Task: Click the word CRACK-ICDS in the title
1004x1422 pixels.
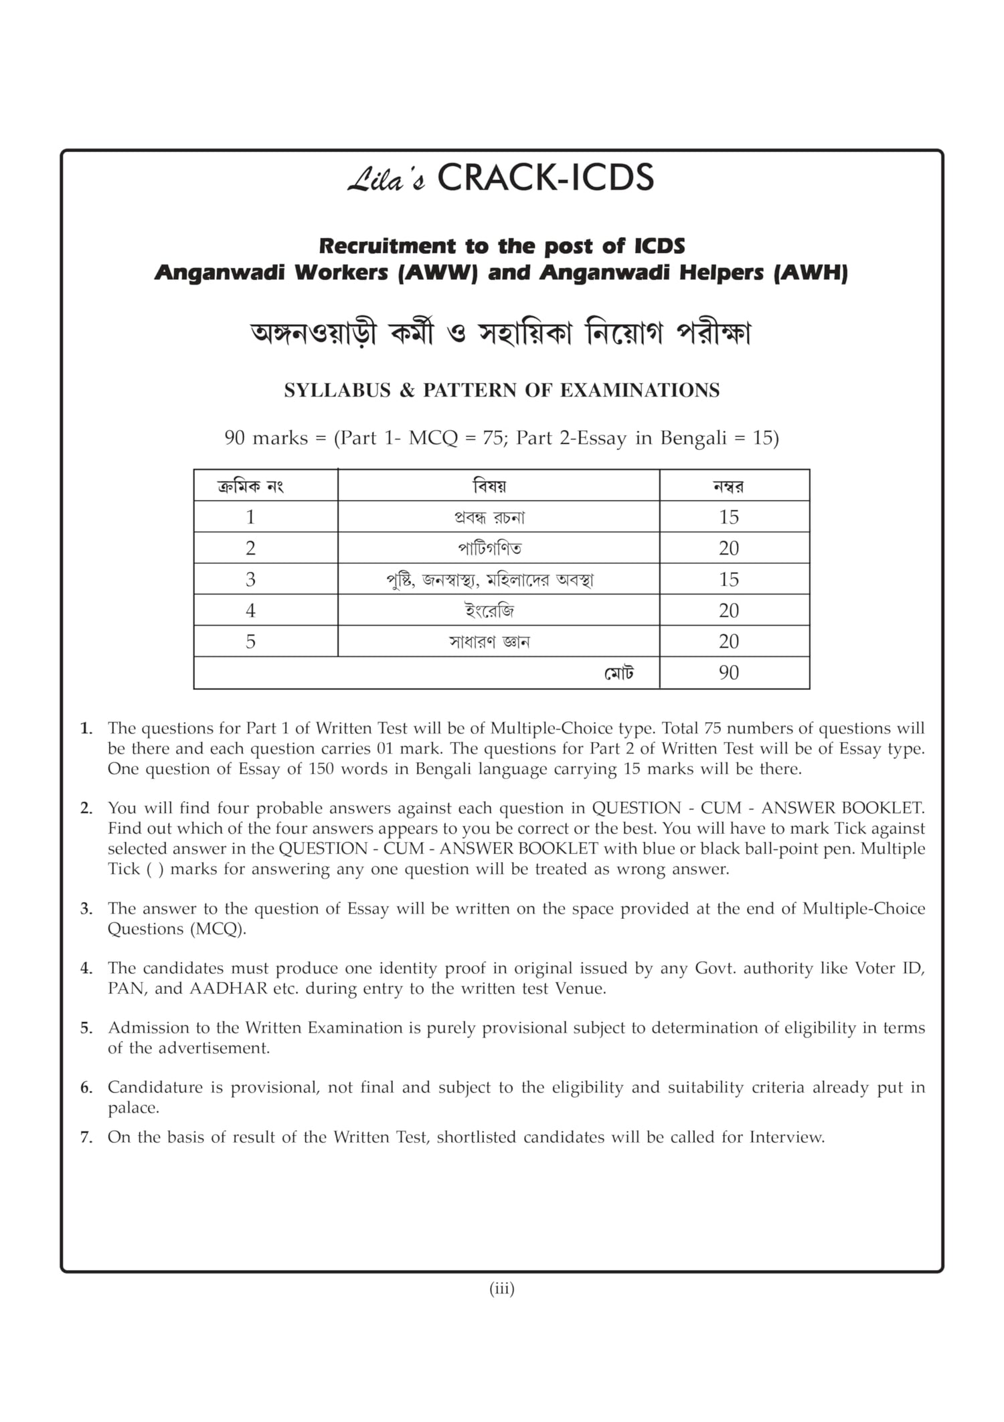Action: (x=546, y=178)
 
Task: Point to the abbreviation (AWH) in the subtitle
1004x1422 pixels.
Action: (x=811, y=273)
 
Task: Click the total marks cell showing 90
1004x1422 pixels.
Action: (x=729, y=672)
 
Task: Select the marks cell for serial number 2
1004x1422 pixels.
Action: (x=729, y=548)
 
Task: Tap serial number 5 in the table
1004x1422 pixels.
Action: (x=250, y=642)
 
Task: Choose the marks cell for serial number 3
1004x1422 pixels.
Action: (x=729, y=579)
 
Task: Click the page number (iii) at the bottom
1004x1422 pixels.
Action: (x=502, y=1288)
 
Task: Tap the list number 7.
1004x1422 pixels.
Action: (x=86, y=1137)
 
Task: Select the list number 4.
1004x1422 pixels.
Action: (x=86, y=969)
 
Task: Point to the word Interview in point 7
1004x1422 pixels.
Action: (x=786, y=1137)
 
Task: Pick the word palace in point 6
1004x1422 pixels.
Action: (x=133, y=1108)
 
